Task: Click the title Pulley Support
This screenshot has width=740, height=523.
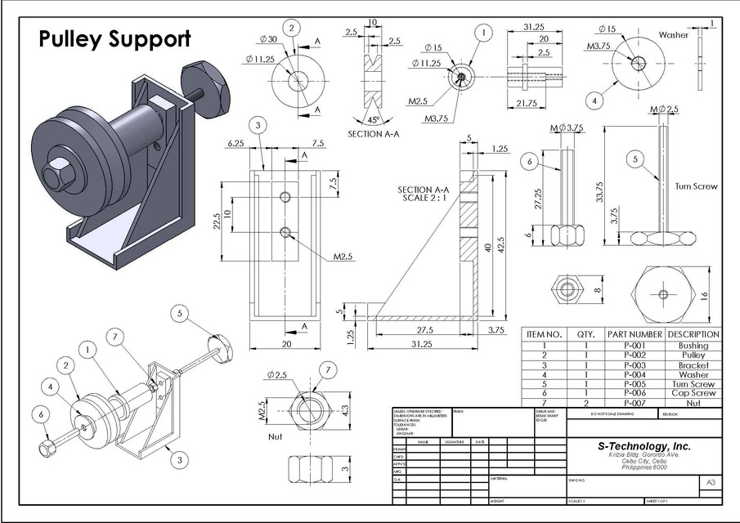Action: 115,38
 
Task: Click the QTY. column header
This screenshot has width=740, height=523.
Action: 585,334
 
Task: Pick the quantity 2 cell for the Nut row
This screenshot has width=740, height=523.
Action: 585,403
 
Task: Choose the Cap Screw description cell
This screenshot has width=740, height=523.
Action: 693,393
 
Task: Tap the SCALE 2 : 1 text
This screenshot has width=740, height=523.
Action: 418,199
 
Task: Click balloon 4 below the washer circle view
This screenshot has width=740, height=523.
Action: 594,101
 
